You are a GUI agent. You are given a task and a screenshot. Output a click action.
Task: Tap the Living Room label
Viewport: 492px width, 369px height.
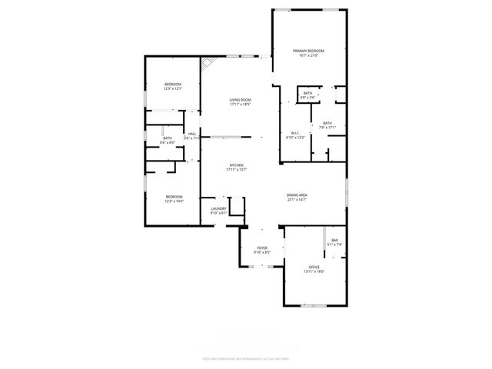tap(241, 100)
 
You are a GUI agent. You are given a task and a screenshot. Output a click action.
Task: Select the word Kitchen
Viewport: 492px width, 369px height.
tap(236, 165)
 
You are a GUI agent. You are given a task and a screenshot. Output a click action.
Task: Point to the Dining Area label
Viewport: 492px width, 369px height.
tap(297, 195)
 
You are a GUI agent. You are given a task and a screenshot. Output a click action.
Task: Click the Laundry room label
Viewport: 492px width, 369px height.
tap(218, 208)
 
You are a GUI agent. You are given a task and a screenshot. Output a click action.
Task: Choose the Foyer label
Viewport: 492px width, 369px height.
tap(262, 248)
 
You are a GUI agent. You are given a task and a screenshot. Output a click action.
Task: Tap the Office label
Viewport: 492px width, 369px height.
tap(314, 267)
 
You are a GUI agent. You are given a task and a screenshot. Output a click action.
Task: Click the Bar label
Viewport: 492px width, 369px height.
tap(334, 241)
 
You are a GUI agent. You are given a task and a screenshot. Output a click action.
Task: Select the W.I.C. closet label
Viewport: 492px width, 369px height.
tap(295, 133)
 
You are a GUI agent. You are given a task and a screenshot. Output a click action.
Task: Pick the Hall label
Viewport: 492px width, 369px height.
tap(192, 133)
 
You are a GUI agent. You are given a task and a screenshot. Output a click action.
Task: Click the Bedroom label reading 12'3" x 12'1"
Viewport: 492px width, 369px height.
tap(172, 84)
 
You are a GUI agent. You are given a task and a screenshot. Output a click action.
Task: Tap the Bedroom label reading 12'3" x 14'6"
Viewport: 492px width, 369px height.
tap(174, 197)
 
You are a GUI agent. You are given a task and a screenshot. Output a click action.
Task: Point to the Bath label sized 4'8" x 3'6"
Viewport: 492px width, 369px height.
tap(307, 93)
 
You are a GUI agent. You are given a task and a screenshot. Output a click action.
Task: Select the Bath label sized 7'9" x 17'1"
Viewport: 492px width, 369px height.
tap(327, 123)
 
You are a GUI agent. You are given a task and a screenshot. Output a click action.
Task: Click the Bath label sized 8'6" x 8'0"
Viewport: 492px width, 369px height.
tap(167, 138)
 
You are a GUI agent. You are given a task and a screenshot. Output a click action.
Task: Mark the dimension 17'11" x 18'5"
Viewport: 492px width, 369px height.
tap(241, 105)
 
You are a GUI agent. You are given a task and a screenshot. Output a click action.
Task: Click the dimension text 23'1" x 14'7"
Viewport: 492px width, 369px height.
tap(297, 200)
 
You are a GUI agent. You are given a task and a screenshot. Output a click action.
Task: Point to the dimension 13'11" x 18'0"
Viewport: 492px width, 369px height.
tap(314, 271)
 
